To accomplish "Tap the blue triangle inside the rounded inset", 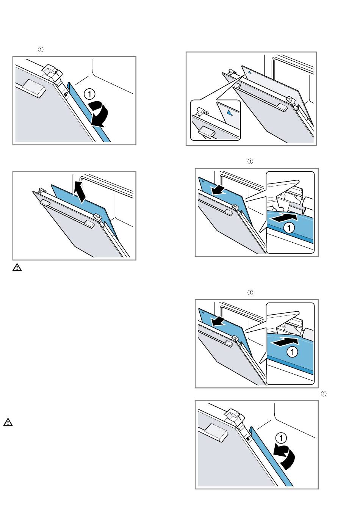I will coord(229,113).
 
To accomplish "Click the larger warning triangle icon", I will coord(8,422).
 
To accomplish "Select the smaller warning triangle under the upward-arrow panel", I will coord(17,268).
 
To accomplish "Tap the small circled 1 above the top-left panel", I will coord(41,49).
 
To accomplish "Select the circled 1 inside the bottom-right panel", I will coord(281,438).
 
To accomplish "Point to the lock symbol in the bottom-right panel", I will coord(248,438).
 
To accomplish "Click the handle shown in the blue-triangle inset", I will coord(207,131).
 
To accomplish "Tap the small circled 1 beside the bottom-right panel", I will coord(324,394).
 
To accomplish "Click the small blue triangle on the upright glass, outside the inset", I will coord(245,71).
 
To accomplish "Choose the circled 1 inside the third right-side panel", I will coord(292,352).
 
